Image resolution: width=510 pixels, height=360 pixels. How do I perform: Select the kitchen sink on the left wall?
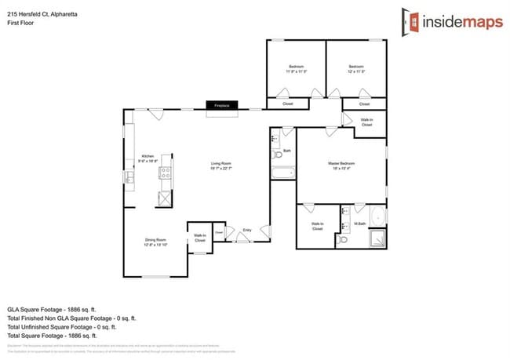[x=129, y=179]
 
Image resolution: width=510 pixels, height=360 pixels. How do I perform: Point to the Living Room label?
[x=220, y=165]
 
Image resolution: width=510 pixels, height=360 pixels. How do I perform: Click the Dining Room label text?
[x=155, y=241]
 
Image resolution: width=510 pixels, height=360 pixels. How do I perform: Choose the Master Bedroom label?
[x=343, y=165]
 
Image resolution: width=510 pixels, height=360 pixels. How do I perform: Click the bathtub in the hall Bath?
[x=282, y=173]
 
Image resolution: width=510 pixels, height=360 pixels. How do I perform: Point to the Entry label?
[x=247, y=230]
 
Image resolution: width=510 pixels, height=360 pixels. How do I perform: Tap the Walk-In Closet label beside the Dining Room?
[x=200, y=238]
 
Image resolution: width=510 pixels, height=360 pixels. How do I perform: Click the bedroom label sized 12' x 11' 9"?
[x=356, y=68]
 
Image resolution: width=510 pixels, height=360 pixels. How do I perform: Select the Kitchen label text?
[x=148, y=158]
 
